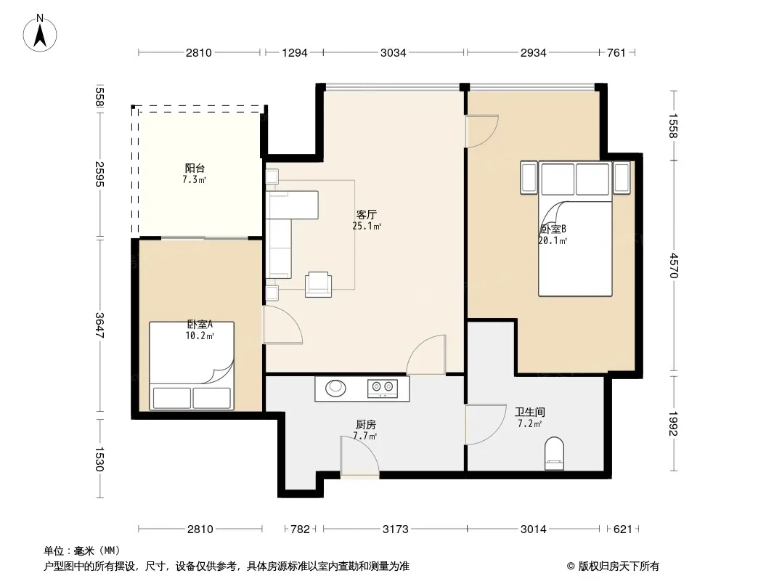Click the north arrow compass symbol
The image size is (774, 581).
[x=40, y=33]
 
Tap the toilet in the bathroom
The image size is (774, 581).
[x=554, y=453]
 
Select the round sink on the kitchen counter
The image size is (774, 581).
[x=335, y=388]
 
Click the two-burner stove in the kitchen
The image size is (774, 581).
[x=383, y=388]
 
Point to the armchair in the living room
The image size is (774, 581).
[x=319, y=285]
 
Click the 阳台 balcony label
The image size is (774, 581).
[x=195, y=168]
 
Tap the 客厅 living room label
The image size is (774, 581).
[x=366, y=215]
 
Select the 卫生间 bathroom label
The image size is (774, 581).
[x=529, y=413]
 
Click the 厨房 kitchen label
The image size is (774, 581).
[x=366, y=425]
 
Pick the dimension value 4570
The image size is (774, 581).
[x=674, y=266]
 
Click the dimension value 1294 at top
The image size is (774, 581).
[x=295, y=52]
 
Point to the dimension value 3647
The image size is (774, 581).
[x=99, y=325]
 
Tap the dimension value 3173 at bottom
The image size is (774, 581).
[x=396, y=529]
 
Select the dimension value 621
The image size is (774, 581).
[x=622, y=529]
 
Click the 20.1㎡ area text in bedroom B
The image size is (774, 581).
[x=553, y=241]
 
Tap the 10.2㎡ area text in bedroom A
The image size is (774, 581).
[x=200, y=336]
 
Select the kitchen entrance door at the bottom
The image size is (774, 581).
[x=360, y=457]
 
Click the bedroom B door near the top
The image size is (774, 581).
[x=482, y=131]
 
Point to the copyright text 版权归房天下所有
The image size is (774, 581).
[x=618, y=566]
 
